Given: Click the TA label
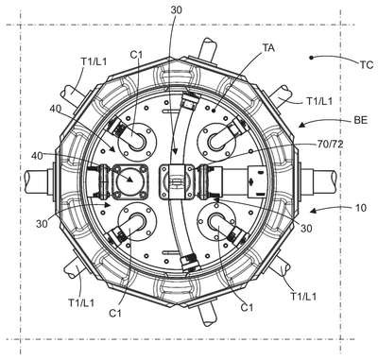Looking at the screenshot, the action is [268, 48].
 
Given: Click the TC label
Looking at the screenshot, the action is [366, 65].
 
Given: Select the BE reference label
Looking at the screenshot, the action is [361, 120].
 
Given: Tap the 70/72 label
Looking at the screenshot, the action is [331, 145].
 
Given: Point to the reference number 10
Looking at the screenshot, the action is [361, 208].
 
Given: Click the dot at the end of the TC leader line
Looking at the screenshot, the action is [311, 58].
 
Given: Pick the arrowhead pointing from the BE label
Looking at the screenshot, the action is [302, 126].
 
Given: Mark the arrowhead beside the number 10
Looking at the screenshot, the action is [314, 210].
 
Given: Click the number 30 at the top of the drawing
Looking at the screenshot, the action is [176, 10].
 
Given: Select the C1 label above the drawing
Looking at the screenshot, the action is [136, 55].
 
